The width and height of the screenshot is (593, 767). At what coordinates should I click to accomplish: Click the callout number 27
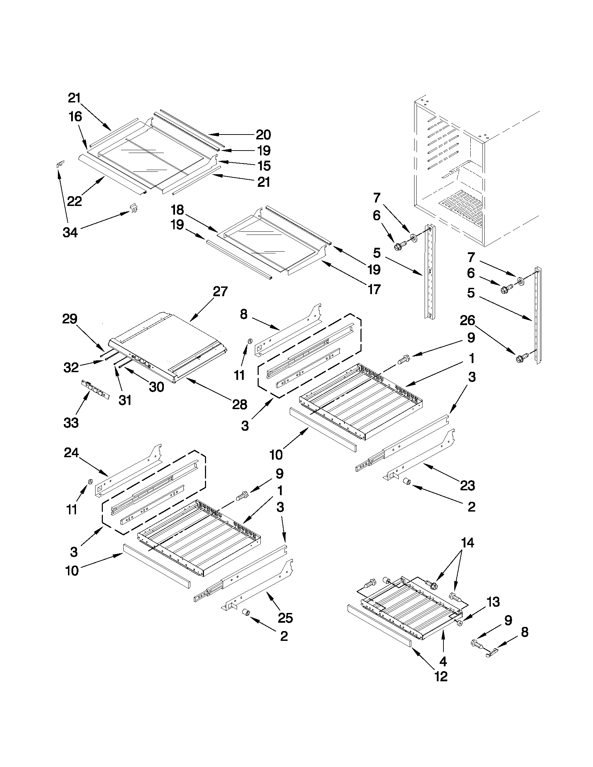[220, 292]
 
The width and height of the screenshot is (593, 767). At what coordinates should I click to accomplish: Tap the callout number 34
[70, 232]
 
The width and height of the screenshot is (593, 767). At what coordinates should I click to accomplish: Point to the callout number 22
[75, 201]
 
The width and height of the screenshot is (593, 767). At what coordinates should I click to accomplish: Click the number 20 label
[263, 135]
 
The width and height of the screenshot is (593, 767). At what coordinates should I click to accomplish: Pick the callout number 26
[467, 321]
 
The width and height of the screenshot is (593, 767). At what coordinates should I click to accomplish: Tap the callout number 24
[71, 453]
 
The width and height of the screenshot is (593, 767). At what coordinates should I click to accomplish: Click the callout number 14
[467, 543]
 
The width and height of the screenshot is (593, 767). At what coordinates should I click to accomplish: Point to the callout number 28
[240, 405]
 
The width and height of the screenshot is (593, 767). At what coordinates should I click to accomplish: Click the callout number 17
[374, 290]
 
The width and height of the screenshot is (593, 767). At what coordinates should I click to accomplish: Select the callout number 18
[177, 210]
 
